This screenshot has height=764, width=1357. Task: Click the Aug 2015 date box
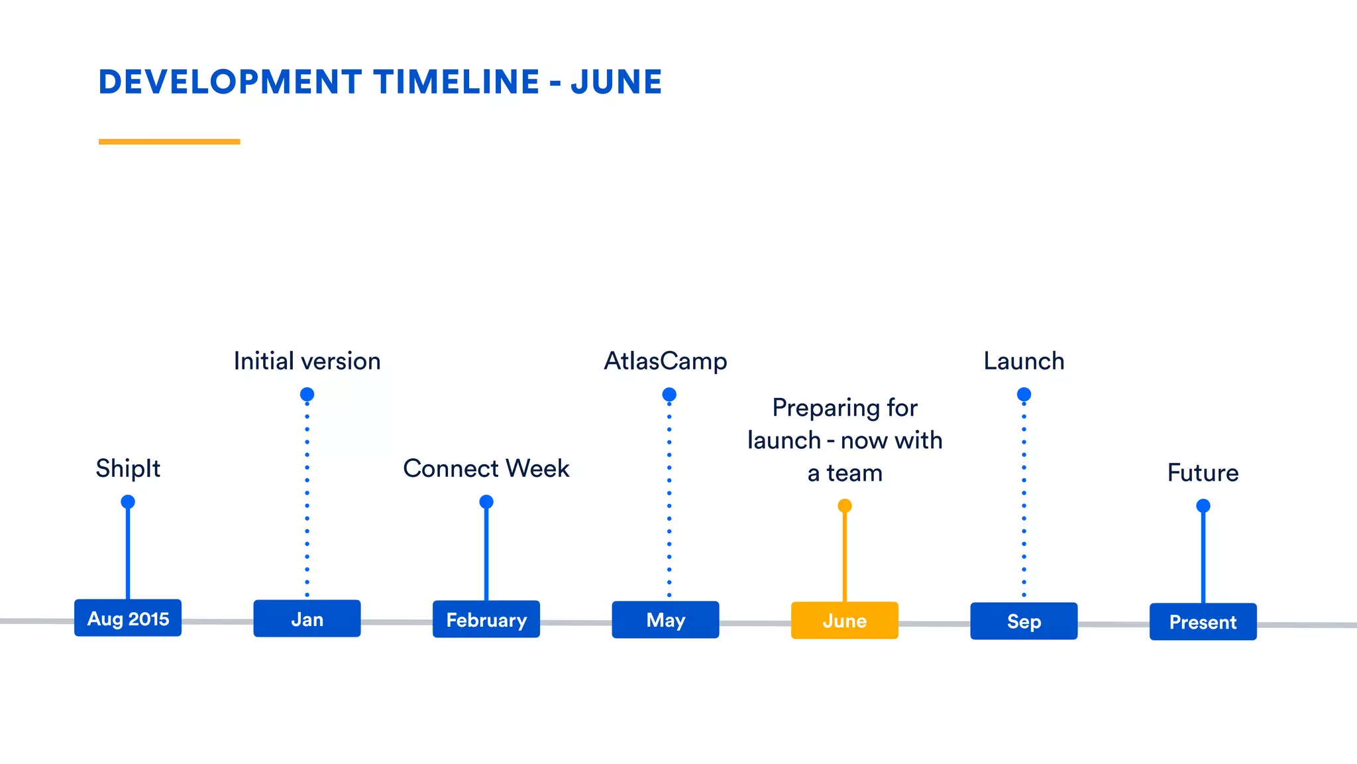(128, 618)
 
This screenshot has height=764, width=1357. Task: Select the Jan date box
(307, 619)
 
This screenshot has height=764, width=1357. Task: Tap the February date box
(486, 619)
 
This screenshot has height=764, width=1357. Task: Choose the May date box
(665, 620)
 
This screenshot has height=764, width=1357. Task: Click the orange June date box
(844, 621)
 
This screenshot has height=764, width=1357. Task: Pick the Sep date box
(1024, 621)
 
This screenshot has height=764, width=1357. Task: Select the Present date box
(1203, 622)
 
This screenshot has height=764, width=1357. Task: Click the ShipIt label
(128, 469)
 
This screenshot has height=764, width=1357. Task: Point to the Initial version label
(307, 361)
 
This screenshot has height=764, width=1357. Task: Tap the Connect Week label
(486, 469)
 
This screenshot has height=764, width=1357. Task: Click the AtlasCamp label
(665, 361)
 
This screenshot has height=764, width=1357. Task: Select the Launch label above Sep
(1024, 361)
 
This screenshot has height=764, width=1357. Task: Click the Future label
(1203, 473)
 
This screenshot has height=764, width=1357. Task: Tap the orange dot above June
(844, 506)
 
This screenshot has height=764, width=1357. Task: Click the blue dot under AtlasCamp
(669, 395)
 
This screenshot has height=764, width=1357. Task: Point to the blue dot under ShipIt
(128, 502)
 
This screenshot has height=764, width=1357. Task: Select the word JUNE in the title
(616, 82)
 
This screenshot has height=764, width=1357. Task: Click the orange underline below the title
(169, 141)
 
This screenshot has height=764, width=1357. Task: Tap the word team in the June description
(855, 474)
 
